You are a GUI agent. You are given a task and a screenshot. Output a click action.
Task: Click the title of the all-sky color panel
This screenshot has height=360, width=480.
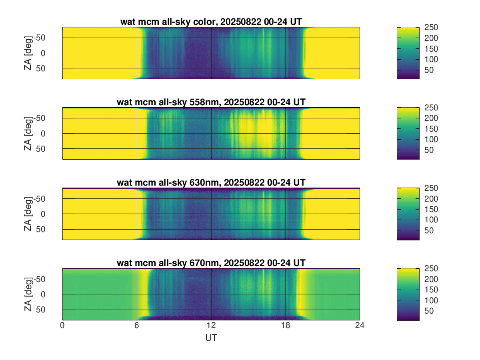point(211,22)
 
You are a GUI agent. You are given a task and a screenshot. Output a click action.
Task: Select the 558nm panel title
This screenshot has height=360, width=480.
point(211,102)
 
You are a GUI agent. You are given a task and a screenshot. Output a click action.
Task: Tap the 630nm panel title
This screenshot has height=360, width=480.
point(211,183)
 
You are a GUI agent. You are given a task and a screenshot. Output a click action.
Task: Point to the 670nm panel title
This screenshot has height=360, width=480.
point(211,263)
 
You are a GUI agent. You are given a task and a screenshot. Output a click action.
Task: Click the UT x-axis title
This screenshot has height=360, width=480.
point(211,338)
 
